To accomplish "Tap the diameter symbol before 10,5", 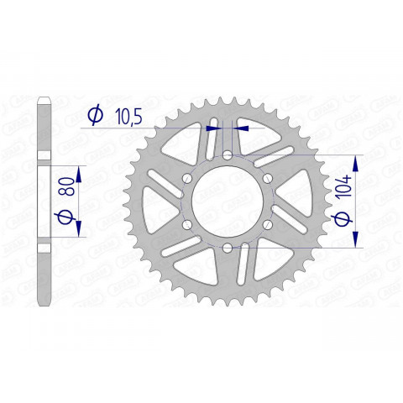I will tap(95, 115).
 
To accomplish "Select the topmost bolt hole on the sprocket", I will tap(228, 154).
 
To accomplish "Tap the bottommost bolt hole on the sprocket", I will tap(228, 247).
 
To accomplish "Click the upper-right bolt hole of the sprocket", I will tap(267, 178).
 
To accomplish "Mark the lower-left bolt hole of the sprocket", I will tap(187, 224).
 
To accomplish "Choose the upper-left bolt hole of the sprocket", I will tap(187, 178).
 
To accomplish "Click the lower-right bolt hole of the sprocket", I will tap(267, 224).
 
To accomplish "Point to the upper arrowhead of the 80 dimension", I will tap(79, 172).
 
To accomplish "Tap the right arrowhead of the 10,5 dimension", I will tap(242, 128).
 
